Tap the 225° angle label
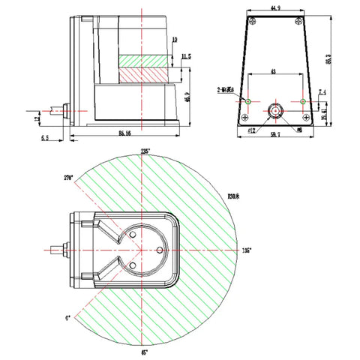[145, 151]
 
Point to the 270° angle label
[70, 178]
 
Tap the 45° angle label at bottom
[145, 351]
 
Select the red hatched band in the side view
[147, 75]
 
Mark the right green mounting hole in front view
[302, 100]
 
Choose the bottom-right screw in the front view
[307, 118]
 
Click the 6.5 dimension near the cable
[44, 138]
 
